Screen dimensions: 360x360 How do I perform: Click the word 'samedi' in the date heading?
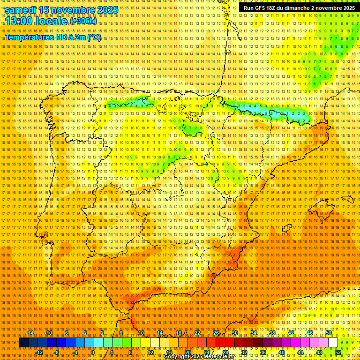pyautogui.click(x=21, y=9)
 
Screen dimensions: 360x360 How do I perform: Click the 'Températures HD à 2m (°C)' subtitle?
pyautogui.click(x=53, y=37)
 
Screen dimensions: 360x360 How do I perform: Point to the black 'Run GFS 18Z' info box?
pyautogui.click(x=299, y=8)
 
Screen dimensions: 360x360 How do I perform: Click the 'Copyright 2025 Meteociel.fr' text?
pyautogui.click(x=199, y=357)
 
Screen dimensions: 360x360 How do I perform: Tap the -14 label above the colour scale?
pyautogui.click(x=30, y=333)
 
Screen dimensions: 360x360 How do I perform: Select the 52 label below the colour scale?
pyautogui.click(x=337, y=352)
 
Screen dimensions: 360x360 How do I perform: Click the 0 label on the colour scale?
pyautogui.click(x=93, y=352)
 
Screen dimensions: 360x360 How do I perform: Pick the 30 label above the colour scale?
pyautogui.click(x=234, y=333)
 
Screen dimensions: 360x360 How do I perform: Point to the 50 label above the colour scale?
pyautogui.click(x=328, y=333)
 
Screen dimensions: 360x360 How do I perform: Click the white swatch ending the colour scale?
pyautogui.click(x=333, y=343)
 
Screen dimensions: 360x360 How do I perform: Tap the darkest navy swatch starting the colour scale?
pyautogui.click(x=23, y=343)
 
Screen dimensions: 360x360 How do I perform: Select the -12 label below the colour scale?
pyautogui.click(x=40, y=352)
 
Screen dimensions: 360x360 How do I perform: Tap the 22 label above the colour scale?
pyautogui.click(x=197, y=333)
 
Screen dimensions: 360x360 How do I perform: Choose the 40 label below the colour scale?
pyautogui.click(x=281, y=352)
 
